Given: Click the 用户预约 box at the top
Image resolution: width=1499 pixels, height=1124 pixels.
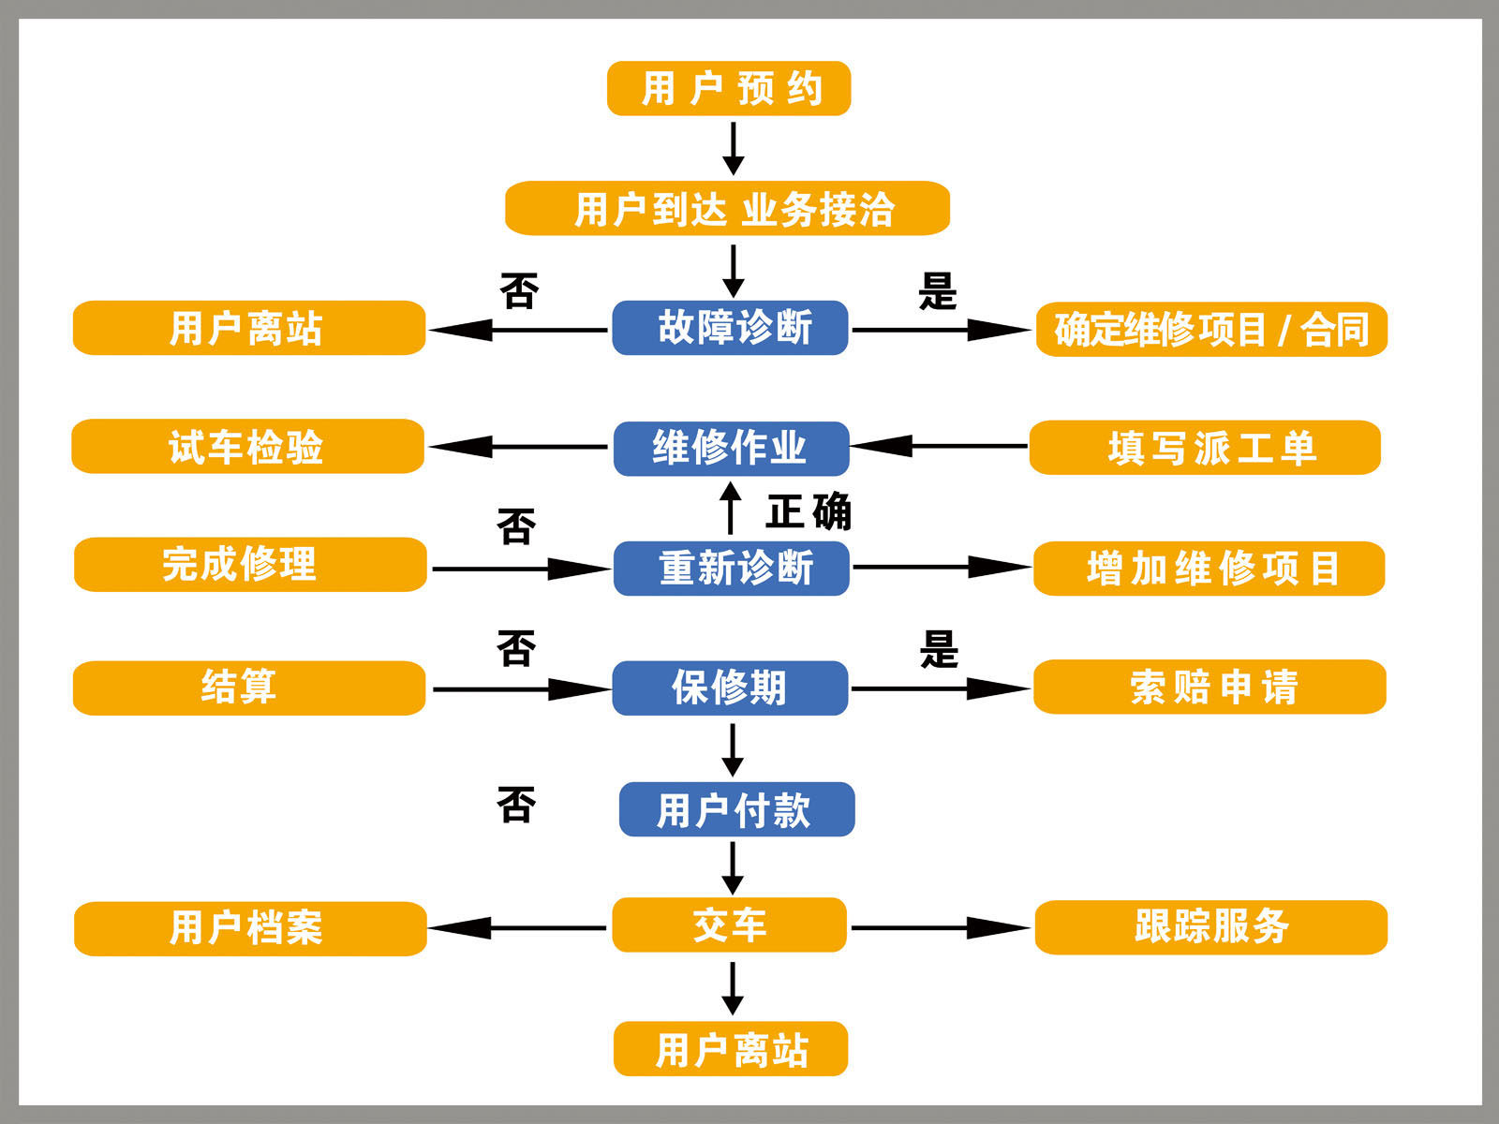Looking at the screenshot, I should point(729,89).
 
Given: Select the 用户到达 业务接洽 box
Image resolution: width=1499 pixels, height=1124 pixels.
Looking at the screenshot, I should point(728,208).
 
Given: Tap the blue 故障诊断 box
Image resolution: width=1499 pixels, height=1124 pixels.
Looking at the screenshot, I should point(730,328).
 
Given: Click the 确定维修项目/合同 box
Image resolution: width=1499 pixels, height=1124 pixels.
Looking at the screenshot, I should point(1211,329).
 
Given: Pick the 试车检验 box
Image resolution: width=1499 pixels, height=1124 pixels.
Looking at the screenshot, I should point(248,447).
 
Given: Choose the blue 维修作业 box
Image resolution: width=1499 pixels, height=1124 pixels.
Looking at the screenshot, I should point(731,448).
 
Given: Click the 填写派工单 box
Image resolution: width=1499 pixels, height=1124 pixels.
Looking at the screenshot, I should point(1205,448).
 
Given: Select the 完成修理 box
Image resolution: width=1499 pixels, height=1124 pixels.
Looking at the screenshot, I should point(250,565).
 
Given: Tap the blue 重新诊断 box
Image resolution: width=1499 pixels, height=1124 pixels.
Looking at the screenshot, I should point(731,568).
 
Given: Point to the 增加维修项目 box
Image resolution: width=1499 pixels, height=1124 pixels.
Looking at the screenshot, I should point(1209,568).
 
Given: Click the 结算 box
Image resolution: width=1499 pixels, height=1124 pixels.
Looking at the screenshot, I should point(249,688).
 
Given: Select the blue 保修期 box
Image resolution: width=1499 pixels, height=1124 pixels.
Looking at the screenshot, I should point(730,688).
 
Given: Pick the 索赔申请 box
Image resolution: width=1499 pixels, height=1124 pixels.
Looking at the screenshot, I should point(1210,687).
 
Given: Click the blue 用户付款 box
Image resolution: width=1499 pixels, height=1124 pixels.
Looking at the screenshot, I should point(736,809).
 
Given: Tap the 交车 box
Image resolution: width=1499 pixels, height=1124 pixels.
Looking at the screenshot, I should point(730,925).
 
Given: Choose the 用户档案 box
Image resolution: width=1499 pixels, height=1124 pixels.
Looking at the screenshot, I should point(250,928).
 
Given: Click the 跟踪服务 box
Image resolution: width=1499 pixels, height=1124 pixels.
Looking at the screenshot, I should point(1210,927).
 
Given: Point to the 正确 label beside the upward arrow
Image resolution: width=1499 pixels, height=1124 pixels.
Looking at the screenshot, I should point(809,511).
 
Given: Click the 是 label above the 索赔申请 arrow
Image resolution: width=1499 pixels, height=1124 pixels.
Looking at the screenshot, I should point(939,648).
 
